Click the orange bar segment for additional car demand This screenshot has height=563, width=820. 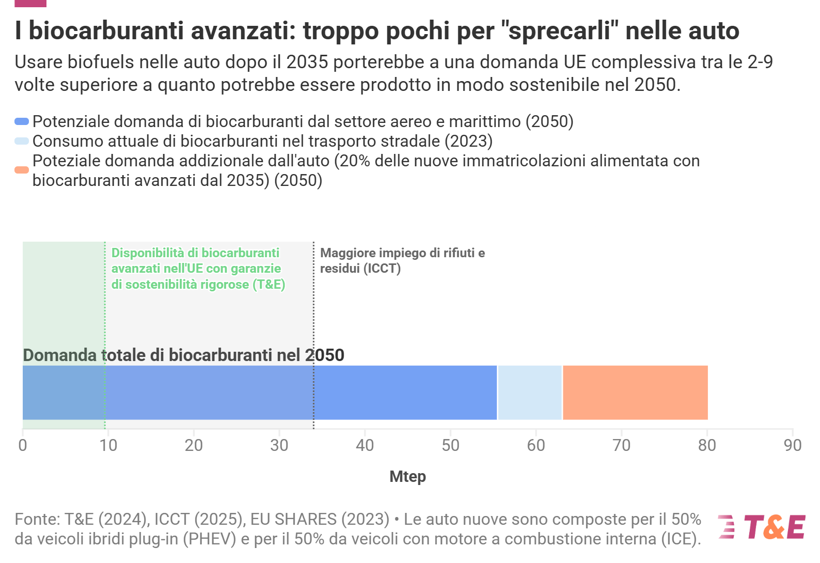pyautogui.click(x=635, y=393)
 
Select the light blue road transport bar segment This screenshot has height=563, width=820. pyautogui.click(x=530, y=393)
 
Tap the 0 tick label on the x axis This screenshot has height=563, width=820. pyautogui.click(x=23, y=445)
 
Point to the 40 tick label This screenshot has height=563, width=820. pyautogui.click(x=365, y=445)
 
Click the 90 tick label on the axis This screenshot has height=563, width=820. pyautogui.click(x=792, y=445)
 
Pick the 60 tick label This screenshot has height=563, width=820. pyautogui.click(x=536, y=445)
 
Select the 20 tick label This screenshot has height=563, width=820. pyautogui.click(x=194, y=445)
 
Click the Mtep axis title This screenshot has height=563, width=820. pyautogui.click(x=407, y=476)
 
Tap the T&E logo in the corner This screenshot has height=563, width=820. pyautogui.click(x=761, y=527)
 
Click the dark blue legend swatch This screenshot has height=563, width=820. pyautogui.click(x=22, y=121)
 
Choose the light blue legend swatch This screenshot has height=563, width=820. pyautogui.click(x=22, y=141)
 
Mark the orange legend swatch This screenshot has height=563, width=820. pyautogui.click(x=22, y=170)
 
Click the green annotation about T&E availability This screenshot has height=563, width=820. pyautogui.click(x=198, y=269)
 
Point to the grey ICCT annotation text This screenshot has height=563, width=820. pyautogui.click(x=402, y=260)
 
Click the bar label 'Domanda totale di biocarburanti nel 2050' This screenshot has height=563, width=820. pyautogui.click(x=183, y=355)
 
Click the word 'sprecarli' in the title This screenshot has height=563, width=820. pyautogui.click(x=560, y=31)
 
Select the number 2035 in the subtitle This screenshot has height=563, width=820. pyautogui.click(x=307, y=62)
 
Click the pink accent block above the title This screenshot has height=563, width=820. pyautogui.click(x=30, y=3)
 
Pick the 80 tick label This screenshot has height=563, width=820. pyautogui.click(x=707, y=445)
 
